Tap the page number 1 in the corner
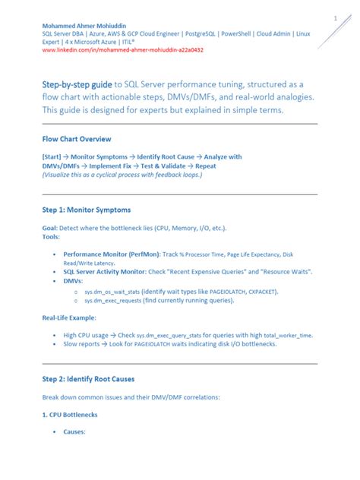[334, 17]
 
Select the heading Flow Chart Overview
[77, 140]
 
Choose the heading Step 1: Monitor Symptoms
[87, 209]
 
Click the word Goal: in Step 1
[52, 228]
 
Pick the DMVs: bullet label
[74, 280]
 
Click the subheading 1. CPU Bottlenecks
[70, 415]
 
